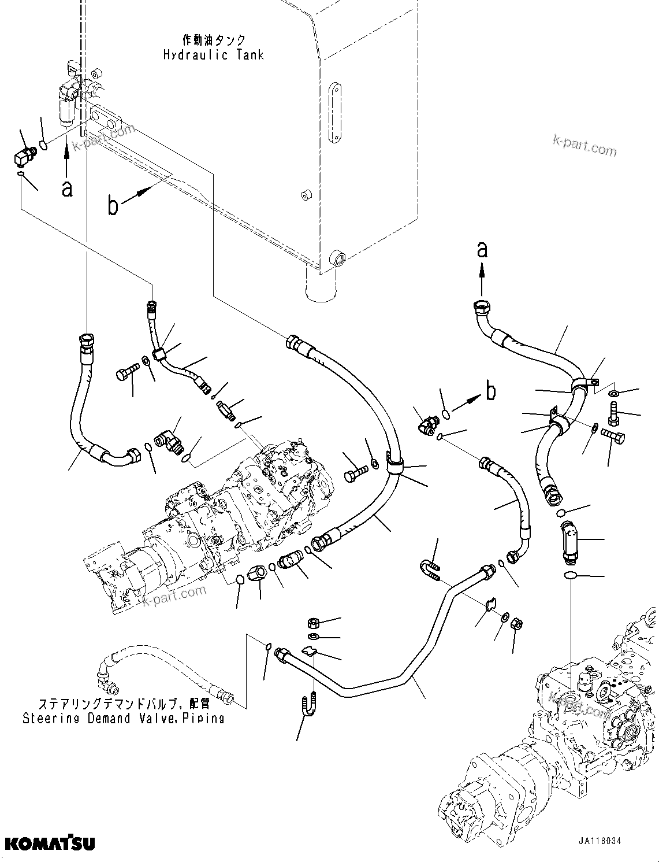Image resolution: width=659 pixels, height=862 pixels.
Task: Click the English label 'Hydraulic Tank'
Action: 213,55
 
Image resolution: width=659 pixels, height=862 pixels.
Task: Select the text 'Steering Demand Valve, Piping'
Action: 124,719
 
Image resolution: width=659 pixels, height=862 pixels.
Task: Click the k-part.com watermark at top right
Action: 584,145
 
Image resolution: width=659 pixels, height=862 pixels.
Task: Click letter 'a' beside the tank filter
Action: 68,188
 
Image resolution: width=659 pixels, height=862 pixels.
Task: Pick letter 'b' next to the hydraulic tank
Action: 113,206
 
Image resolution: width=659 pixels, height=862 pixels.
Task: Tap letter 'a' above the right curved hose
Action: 482,250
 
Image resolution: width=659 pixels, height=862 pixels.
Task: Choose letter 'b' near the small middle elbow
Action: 490,391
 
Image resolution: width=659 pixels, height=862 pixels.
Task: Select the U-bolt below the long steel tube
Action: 307,704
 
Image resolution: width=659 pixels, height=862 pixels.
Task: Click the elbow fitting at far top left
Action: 24,156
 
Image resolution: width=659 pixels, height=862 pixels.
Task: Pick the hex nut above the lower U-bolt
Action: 312,623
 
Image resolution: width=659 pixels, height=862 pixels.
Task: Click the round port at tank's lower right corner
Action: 337,258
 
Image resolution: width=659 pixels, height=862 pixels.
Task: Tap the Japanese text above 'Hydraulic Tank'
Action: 206,40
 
